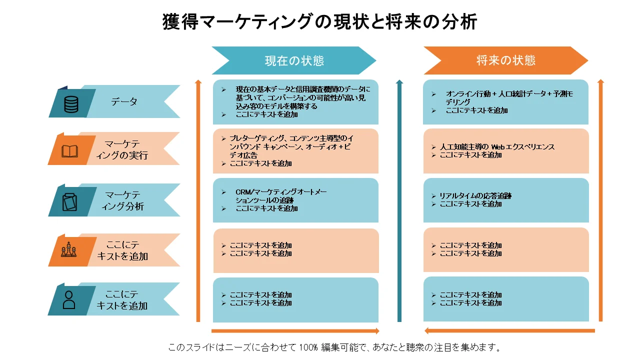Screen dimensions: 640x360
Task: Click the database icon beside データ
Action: pos(71,104)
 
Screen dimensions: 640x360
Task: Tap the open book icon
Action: pos(69,151)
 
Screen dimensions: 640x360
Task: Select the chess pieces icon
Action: pos(69,249)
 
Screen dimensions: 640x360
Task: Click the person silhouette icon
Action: pos(69,300)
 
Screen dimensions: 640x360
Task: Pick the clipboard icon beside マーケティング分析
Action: pos(69,202)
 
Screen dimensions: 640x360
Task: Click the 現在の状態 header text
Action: pos(294,61)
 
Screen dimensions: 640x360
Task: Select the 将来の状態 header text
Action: pos(505,60)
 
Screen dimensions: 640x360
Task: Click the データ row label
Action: pos(124,101)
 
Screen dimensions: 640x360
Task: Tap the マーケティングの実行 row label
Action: pos(122,149)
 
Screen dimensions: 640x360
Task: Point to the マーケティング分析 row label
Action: pos(123,200)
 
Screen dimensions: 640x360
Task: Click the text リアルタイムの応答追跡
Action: pos(475,195)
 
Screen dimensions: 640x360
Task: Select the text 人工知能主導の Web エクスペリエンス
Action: pos(497,147)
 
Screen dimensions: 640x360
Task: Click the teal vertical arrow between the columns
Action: pos(399,201)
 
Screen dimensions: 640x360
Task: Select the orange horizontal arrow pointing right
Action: pos(295,331)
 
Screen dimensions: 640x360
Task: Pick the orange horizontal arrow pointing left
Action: pos(509,331)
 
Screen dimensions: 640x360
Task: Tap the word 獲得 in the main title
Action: pos(180,21)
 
